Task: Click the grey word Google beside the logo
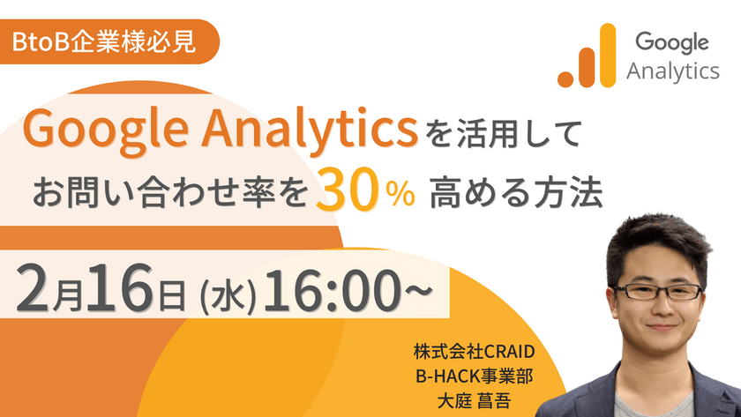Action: (x=671, y=41)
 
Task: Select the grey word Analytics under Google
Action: (x=673, y=71)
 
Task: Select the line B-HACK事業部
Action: (x=475, y=375)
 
